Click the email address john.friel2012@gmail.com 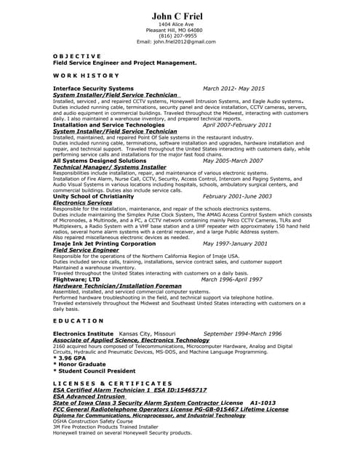188,41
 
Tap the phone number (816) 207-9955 177,36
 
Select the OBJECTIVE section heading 77,56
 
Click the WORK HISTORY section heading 85,75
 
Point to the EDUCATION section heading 79,320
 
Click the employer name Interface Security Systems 93,88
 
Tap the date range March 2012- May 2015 233,88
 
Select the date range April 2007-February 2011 237,124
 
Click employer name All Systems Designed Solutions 100,160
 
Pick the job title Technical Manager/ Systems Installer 110,166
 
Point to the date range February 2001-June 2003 237,195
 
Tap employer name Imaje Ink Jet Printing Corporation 104,243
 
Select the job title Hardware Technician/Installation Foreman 117,286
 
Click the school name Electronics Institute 83,333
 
